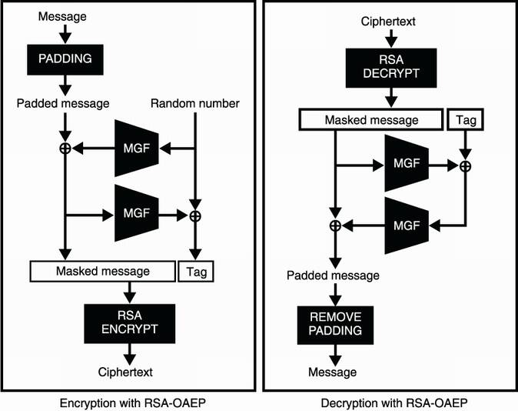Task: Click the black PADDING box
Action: click(x=65, y=58)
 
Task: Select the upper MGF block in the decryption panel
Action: click(x=405, y=165)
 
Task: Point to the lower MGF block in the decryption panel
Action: click(x=405, y=225)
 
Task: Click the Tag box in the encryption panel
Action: click(x=194, y=271)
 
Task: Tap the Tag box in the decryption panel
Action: click(x=467, y=119)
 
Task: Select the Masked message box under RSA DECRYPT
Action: click(x=371, y=119)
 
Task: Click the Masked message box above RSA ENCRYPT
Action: click(x=102, y=271)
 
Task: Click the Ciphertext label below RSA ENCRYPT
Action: click(x=126, y=373)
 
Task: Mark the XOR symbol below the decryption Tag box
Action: click(x=465, y=165)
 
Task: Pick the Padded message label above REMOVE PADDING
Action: click(x=334, y=276)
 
